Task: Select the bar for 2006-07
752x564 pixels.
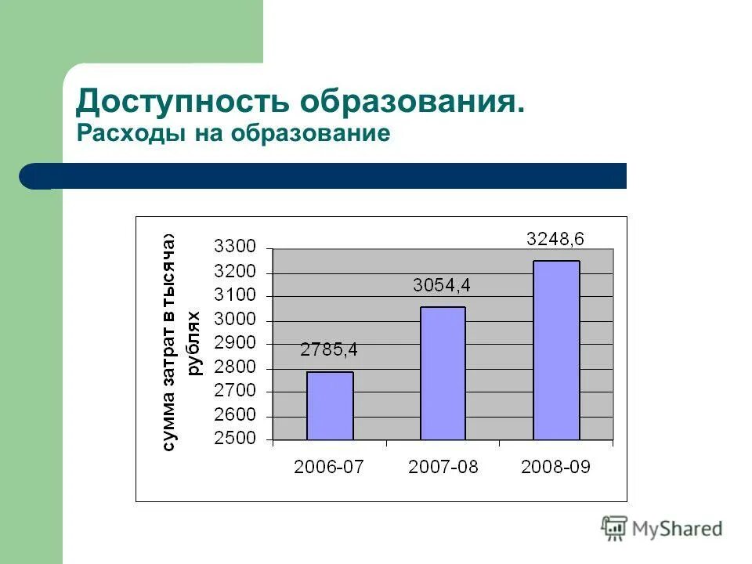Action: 330,406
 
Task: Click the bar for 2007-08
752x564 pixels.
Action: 443,373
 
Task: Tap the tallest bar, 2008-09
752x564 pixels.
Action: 556,350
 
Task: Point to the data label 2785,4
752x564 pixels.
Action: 329,350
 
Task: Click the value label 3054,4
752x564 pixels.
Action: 443,286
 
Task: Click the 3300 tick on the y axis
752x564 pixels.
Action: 235,248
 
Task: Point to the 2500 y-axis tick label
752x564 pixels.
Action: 235,439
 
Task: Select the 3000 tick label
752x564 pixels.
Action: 235,320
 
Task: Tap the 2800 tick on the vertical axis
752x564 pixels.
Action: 235,367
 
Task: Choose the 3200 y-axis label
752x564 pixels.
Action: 235,272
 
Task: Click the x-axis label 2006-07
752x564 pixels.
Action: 329,468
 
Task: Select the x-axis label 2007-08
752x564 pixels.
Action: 443,468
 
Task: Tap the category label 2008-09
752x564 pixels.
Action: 556,468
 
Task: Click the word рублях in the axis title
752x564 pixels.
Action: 193,343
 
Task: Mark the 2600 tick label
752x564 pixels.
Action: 235,415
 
